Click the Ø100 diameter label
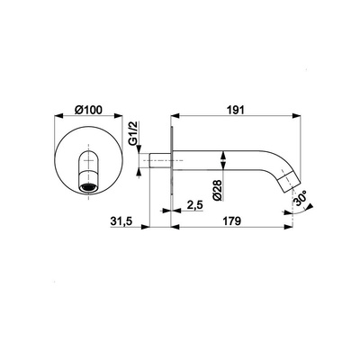88,110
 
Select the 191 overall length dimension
237,110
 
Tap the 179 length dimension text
231,221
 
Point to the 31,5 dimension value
121,221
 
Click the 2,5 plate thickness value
195,205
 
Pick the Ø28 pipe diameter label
217,190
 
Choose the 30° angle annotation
301,198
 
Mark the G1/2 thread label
133,133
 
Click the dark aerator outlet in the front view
89,188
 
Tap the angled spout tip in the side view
288,181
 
